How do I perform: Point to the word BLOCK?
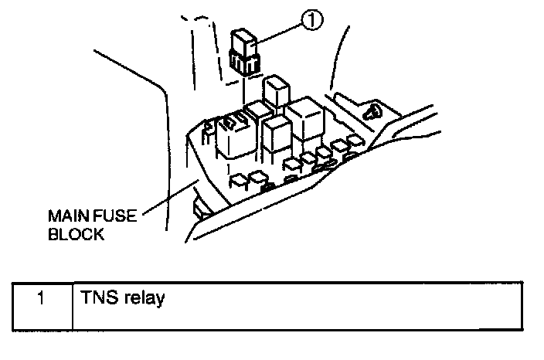click(x=76, y=234)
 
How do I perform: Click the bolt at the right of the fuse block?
click(x=374, y=110)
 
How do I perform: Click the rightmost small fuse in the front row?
click(x=355, y=141)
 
